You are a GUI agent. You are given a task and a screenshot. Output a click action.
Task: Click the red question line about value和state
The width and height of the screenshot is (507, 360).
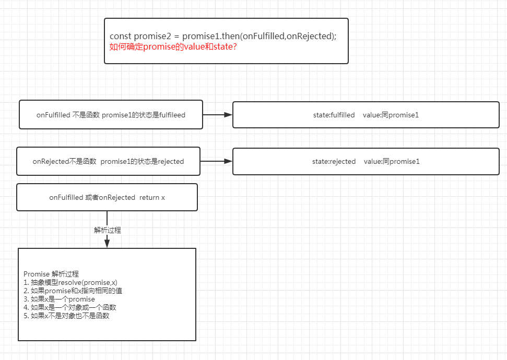click(x=173, y=47)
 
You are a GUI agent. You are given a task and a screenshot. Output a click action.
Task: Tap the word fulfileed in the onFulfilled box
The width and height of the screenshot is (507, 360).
click(x=172, y=115)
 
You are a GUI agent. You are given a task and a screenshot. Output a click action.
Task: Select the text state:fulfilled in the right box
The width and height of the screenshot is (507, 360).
click(x=334, y=115)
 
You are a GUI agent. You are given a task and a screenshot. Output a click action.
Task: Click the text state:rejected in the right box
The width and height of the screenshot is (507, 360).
click(x=334, y=162)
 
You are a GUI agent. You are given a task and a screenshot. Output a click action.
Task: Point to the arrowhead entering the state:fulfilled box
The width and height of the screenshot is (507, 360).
click(x=228, y=115)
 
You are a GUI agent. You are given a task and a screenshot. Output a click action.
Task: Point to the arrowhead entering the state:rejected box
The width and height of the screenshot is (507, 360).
click(x=228, y=162)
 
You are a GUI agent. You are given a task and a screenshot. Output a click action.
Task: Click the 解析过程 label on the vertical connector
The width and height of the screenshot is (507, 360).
click(x=108, y=230)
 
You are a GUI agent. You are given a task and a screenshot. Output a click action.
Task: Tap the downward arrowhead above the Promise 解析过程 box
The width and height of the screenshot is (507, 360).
click(x=107, y=243)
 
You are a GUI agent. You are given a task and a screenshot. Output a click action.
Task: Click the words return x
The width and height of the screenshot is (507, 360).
click(x=152, y=198)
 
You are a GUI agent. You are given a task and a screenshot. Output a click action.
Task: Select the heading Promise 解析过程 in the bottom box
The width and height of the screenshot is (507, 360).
click(x=51, y=274)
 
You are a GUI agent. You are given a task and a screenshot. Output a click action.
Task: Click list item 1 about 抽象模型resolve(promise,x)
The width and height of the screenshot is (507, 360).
click(x=70, y=282)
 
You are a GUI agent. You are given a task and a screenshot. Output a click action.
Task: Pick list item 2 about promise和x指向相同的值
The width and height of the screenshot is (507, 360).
click(x=73, y=291)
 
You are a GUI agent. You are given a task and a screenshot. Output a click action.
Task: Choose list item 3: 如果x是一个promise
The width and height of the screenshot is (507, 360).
click(x=59, y=299)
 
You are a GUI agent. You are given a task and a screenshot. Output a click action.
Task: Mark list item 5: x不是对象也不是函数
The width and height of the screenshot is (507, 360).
click(x=66, y=316)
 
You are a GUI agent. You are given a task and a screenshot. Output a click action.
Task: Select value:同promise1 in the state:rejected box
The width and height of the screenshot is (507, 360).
click(x=391, y=162)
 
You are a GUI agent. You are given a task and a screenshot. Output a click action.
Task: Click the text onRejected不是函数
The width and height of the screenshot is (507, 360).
click(x=65, y=162)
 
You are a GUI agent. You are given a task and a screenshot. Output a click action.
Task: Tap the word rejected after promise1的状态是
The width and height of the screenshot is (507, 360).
click(x=171, y=162)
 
